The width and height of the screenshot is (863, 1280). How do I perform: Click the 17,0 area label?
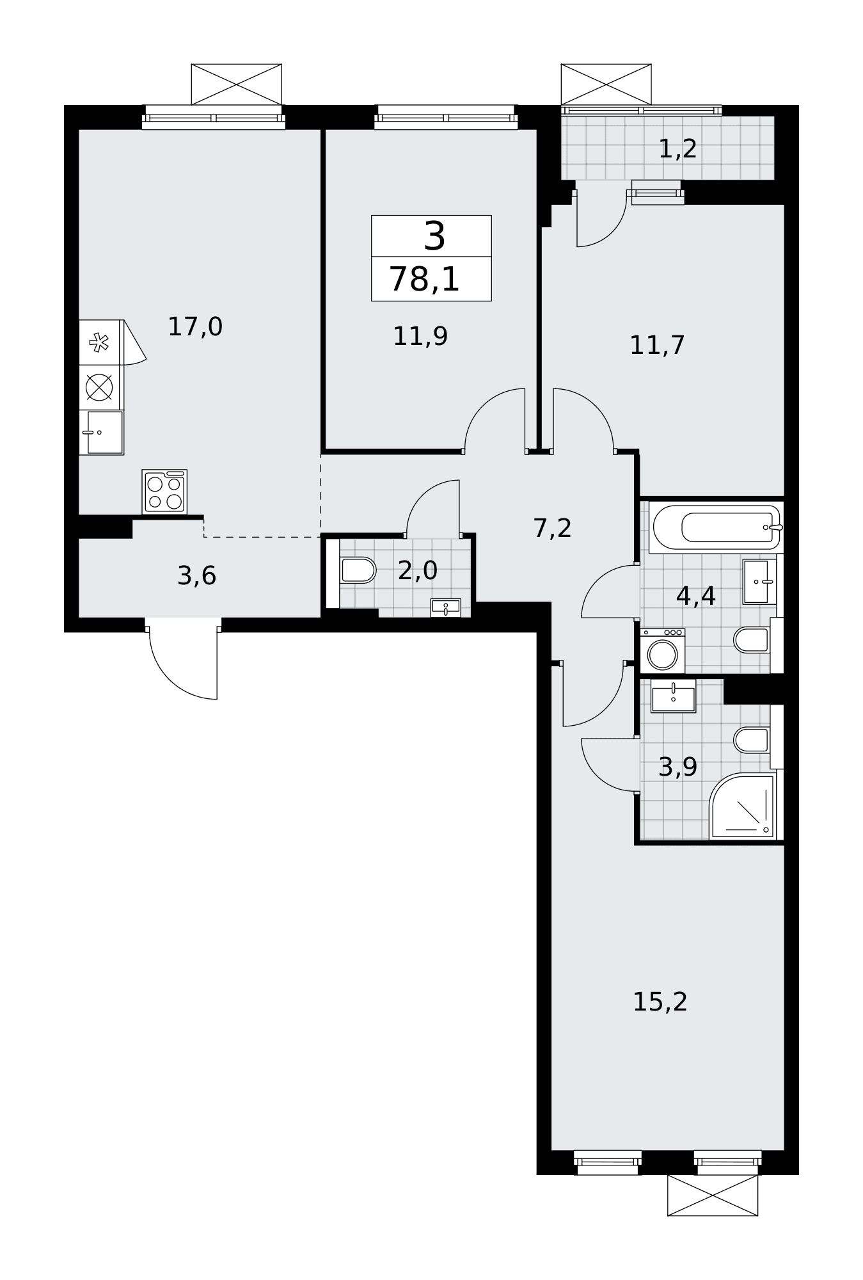click(x=195, y=327)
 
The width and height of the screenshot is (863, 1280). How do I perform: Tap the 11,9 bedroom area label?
click(x=420, y=337)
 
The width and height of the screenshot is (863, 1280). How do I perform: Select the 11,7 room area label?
click(x=658, y=346)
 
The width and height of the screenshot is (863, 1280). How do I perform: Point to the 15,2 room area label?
click(x=660, y=1002)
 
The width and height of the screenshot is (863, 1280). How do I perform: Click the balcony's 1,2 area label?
click(x=677, y=149)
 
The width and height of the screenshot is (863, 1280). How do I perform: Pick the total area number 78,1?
click(x=425, y=280)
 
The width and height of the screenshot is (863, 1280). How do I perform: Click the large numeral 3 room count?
click(x=435, y=236)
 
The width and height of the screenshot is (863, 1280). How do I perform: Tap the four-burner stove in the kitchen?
click(x=164, y=492)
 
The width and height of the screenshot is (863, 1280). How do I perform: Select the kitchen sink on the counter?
click(x=102, y=433)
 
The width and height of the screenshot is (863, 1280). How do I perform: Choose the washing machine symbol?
click(x=663, y=651)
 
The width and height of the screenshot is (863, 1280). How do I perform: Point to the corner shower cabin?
click(x=742, y=806)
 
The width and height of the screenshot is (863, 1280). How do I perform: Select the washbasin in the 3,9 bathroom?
click(x=674, y=696)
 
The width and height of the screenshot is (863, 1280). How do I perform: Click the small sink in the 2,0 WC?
click(x=446, y=607)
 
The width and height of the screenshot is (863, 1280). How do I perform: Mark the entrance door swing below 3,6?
click(x=184, y=663)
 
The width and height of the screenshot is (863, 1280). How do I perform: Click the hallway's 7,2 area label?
click(x=553, y=529)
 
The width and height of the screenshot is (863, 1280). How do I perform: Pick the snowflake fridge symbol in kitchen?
click(x=99, y=342)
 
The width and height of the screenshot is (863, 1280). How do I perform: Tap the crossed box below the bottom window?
click(x=713, y=1196)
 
